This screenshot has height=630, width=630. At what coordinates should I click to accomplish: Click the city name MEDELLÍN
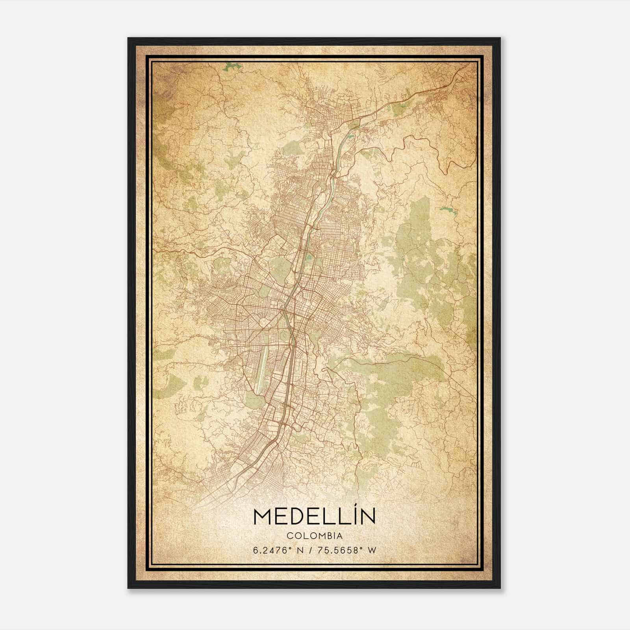click(x=315, y=517)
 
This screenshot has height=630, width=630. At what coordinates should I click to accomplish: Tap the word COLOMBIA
click(x=315, y=536)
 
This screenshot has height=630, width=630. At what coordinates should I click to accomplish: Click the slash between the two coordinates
click(x=314, y=550)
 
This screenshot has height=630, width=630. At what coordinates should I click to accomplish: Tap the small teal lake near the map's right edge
click(x=446, y=209)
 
